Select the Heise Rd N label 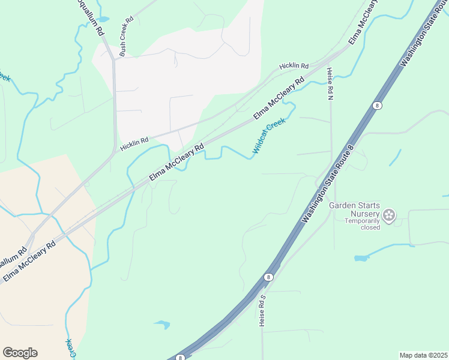[330, 84]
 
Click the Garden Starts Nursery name [354, 209]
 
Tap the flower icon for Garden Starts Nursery [389, 214]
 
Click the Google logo [20, 353]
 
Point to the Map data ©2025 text [423, 355]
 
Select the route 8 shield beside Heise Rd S [268, 277]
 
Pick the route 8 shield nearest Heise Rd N [376, 105]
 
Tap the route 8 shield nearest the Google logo [180, 358]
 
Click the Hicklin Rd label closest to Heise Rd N [294, 66]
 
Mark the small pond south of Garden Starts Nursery [361, 258]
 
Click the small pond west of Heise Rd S [162, 325]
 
